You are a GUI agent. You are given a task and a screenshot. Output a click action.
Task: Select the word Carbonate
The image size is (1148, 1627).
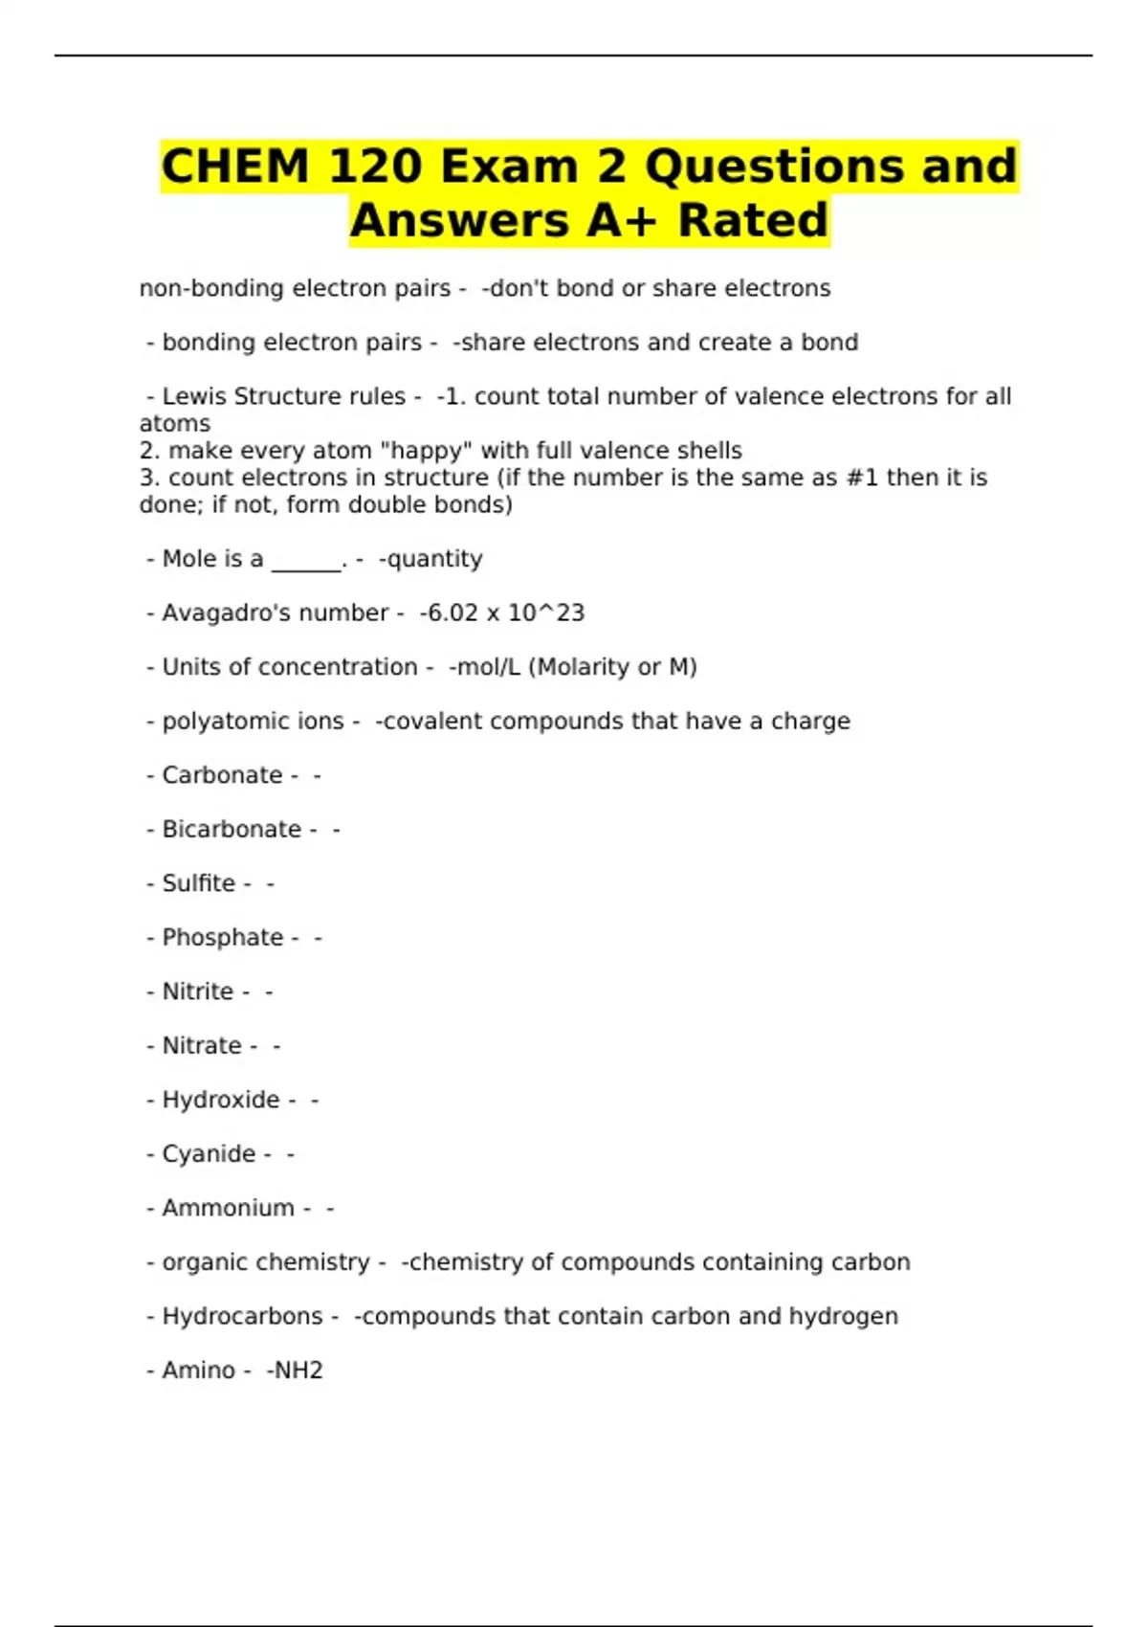[222, 775]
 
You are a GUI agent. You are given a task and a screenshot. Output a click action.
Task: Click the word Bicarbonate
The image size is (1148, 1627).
[232, 829]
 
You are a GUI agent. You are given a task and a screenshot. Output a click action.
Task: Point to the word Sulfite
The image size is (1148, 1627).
[198, 883]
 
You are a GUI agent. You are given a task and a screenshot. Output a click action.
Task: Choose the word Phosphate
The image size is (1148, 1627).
[223, 937]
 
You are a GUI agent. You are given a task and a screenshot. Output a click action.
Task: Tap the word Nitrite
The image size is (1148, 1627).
[197, 992]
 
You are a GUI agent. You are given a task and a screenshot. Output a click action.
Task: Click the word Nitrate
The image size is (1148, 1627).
[202, 1045]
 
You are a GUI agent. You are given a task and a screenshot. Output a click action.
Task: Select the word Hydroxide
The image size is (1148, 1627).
[220, 1100]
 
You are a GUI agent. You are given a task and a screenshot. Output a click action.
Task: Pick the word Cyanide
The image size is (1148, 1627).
[209, 1153]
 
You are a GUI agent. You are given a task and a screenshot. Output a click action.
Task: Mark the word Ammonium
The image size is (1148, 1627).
[228, 1208]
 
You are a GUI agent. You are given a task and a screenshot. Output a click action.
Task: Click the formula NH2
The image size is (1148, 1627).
[298, 1371]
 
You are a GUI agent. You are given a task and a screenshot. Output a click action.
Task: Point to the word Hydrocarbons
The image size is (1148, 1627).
[242, 1316]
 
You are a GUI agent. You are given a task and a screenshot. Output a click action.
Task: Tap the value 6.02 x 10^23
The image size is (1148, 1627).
[505, 613]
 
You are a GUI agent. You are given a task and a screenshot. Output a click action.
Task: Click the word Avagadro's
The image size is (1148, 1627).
[227, 613]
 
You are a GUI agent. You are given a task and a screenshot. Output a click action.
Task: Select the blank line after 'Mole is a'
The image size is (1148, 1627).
[307, 565]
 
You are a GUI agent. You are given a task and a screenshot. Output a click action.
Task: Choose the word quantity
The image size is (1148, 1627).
[434, 559]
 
